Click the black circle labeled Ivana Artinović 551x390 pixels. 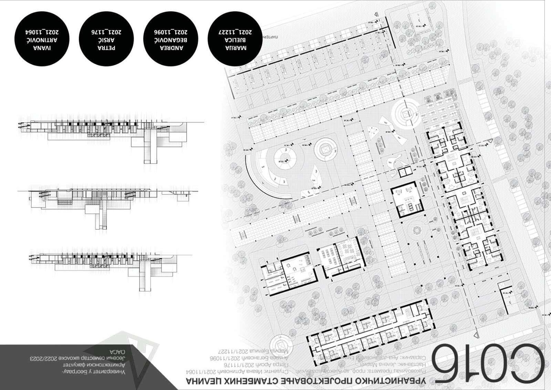(42, 39)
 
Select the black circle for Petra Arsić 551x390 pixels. (106, 39)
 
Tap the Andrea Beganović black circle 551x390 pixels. (170, 39)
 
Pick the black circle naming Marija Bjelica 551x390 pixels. (235, 39)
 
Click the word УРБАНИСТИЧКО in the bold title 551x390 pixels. (389, 381)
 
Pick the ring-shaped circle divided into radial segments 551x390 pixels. (285, 158)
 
